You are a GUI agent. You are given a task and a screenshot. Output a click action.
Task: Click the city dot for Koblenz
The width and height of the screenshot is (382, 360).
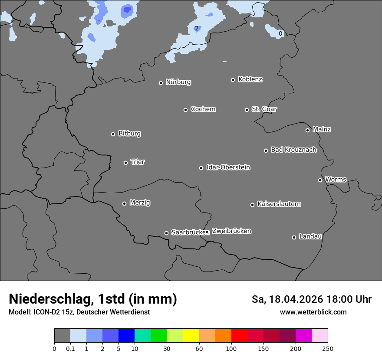(233, 80)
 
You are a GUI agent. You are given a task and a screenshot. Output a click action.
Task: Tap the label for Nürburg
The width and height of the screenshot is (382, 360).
(178, 82)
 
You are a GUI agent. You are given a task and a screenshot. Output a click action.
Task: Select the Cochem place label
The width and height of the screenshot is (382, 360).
(203, 109)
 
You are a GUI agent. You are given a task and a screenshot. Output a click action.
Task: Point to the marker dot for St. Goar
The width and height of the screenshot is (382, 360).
(247, 110)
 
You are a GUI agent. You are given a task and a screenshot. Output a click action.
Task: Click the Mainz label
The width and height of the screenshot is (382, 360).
(322, 129)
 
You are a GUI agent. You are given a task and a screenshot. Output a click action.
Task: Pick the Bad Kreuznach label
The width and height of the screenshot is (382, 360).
(293, 150)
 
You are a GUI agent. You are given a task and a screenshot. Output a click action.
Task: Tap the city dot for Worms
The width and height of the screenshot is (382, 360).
(320, 180)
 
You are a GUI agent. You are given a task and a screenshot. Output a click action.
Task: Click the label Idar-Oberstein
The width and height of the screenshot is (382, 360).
(228, 167)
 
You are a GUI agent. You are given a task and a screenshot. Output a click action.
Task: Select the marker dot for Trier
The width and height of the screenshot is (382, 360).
(125, 163)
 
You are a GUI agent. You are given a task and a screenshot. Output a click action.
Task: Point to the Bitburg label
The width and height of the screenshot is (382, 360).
(129, 133)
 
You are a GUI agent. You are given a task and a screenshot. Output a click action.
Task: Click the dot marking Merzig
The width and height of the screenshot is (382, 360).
(124, 203)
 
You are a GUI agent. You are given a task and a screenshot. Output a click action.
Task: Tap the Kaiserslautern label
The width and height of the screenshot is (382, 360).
(279, 204)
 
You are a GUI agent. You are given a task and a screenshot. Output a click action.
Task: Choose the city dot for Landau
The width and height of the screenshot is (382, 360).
(294, 237)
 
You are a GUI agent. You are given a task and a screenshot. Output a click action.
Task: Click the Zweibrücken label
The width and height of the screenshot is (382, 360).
(231, 231)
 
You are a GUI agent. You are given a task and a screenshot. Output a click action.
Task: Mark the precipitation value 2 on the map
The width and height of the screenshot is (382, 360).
(197, 29)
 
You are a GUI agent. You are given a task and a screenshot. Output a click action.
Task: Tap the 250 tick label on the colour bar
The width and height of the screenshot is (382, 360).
(328, 348)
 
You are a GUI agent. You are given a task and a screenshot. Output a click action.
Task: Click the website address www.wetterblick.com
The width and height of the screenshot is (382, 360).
(313, 312)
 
